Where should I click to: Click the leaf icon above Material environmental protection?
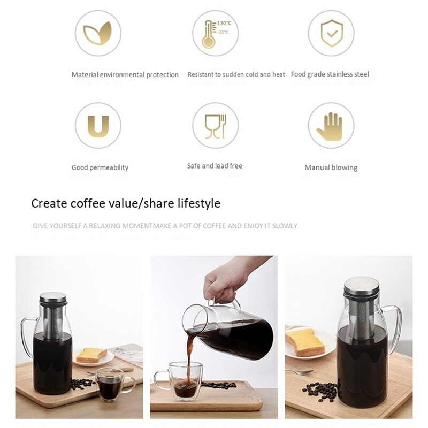98,33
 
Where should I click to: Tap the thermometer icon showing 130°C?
215,33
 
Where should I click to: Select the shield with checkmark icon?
331,33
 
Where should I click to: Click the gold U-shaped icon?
98,126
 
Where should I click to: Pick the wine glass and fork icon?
215,126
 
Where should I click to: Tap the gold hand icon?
331,126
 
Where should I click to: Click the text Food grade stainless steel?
330,74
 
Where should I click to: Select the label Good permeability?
100,167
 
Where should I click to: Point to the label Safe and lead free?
215,166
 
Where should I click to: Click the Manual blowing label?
331,167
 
